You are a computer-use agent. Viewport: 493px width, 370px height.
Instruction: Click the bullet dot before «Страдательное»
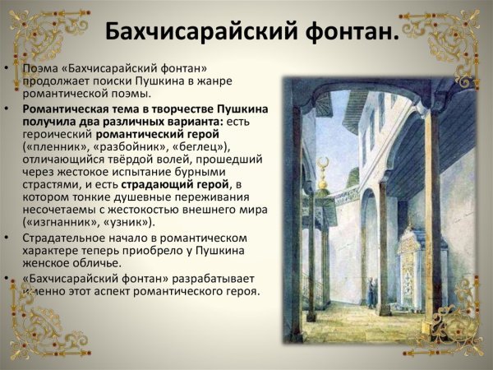pos(7,237)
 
